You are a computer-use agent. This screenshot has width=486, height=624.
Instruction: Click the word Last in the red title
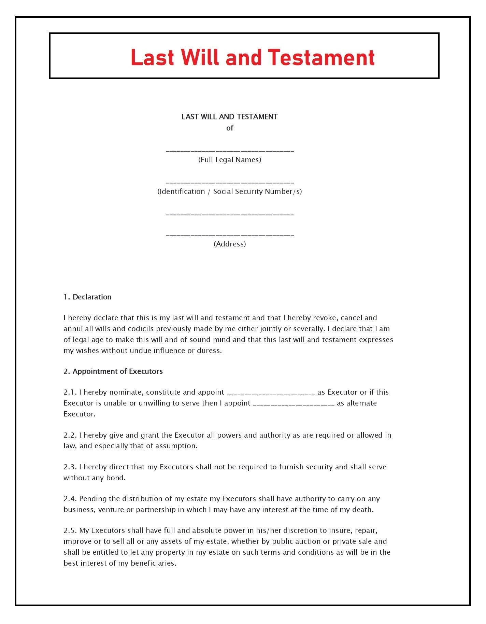(153, 57)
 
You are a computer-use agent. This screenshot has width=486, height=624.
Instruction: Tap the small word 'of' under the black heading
(230, 128)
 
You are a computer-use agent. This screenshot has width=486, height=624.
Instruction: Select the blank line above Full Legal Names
(230, 151)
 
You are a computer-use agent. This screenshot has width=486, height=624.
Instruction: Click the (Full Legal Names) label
(230, 160)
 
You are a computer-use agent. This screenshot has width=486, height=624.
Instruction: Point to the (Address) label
(230, 244)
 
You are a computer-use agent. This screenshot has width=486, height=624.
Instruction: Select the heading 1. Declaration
(87, 297)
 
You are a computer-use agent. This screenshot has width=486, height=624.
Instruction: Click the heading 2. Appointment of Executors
(113, 371)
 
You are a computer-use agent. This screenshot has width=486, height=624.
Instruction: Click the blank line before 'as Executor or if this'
(271, 393)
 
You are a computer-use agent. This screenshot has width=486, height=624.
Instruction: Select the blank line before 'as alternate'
(294, 404)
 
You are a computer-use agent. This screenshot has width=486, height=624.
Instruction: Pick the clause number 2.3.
(70, 467)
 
